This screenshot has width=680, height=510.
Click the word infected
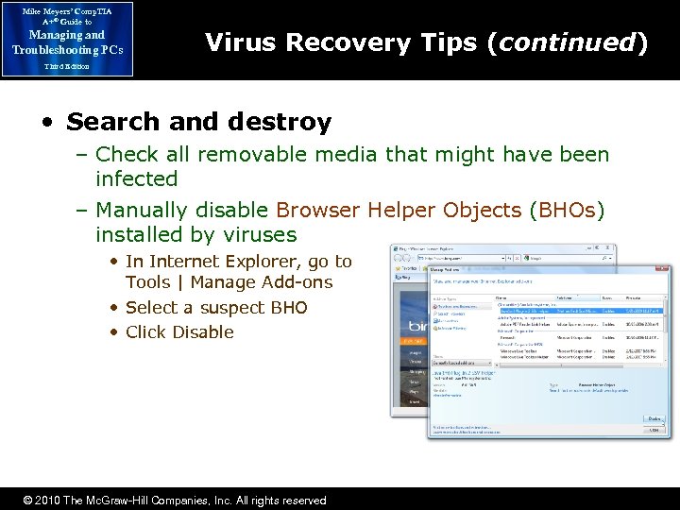tap(136, 178)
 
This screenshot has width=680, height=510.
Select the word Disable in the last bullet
tap(200, 331)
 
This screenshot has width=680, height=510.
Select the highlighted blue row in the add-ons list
tap(581, 310)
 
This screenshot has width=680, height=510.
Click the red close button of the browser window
tap(610, 249)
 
